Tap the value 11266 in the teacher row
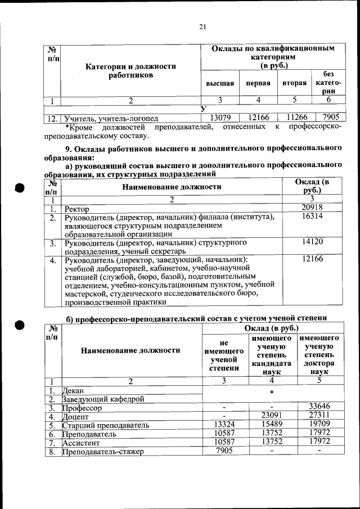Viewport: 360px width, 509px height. [x=294, y=118]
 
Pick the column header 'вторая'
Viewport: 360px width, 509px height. [x=294, y=83]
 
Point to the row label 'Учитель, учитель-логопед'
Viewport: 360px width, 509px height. [x=111, y=119]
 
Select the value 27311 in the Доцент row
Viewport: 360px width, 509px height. [x=319, y=416]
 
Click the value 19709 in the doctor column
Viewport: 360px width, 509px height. [x=319, y=425]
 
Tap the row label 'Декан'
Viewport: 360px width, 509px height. [x=74, y=390]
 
